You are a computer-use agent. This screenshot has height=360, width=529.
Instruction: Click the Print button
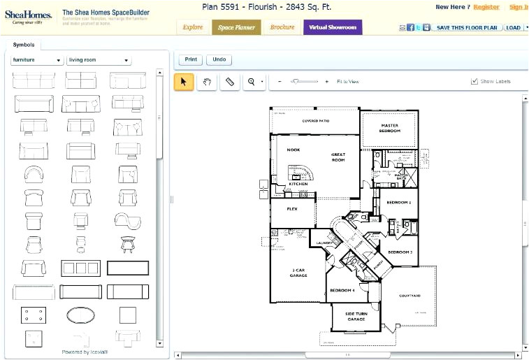point(191,60)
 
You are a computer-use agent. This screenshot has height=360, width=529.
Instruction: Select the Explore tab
point(193,27)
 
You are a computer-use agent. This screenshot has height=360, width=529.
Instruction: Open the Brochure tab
point(282,27)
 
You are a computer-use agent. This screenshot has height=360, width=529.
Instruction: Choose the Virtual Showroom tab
point(332,27)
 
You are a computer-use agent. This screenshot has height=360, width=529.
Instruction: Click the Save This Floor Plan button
point(467,27)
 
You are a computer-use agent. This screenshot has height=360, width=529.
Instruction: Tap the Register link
point(486,7)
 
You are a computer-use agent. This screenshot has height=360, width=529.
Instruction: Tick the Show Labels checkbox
point(475,82)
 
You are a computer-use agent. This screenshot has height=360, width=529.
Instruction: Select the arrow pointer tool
point(184,82)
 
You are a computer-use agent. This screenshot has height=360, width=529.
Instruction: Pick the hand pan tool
point(207,82)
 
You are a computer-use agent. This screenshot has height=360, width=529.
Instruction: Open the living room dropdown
point(98,60)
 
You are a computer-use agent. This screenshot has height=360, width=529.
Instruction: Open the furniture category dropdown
point(37,60)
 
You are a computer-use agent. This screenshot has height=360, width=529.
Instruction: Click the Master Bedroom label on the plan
point(389,128)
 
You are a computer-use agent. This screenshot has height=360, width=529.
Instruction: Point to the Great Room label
point(338,157)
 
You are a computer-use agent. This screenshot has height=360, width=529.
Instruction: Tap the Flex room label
point(292,208)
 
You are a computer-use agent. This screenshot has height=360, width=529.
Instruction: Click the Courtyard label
point(410,296)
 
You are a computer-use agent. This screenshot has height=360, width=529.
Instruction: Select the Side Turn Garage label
point(356,317)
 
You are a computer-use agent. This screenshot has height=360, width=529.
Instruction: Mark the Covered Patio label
point(315,121)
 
